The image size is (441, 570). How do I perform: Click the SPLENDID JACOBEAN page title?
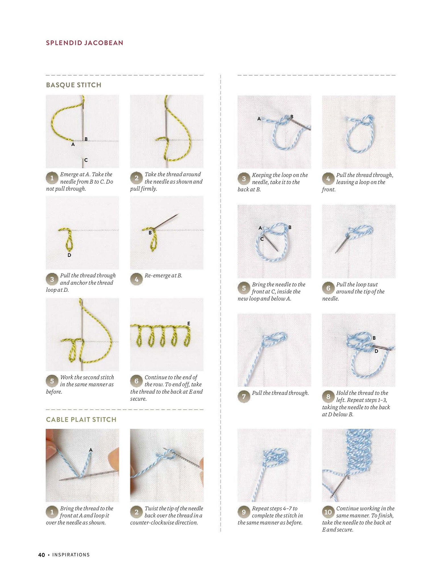pos(84,43)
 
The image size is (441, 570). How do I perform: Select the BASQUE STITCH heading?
pos(74,85)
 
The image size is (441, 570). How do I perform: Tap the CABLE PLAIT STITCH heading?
pos(81,419)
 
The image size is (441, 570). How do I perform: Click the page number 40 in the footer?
pos(42,555)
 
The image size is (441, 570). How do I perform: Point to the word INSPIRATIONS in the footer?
pos(71,555)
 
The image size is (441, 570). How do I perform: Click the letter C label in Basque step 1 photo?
pos(86,160)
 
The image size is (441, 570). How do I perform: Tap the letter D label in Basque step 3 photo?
pos(69,255)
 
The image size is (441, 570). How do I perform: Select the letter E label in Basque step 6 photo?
pos(189,324)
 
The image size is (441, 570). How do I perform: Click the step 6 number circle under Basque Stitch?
pos(136,381)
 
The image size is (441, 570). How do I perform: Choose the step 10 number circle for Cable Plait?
pos(328,512)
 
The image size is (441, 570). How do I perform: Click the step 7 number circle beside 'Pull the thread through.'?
pos(244,397)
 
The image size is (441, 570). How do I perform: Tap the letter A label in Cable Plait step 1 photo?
pos(91,450)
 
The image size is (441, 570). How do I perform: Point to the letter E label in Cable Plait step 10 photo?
pos(349,478)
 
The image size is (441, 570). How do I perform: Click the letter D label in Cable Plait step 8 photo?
pos(376,351)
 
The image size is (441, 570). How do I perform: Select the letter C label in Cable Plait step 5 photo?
pos(262,239)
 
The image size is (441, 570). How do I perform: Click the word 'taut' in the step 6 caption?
pos(372,285)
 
